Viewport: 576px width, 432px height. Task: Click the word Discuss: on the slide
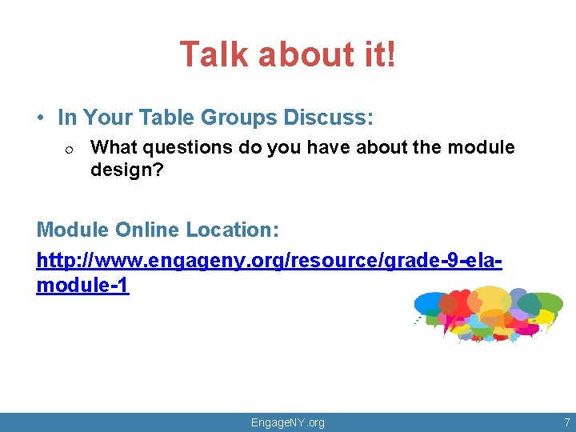coord(327,118)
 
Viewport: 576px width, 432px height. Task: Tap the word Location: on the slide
coord(233,230)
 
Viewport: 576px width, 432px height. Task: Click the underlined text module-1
coord(82,286)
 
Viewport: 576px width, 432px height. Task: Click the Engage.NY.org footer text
coord(288,422)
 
